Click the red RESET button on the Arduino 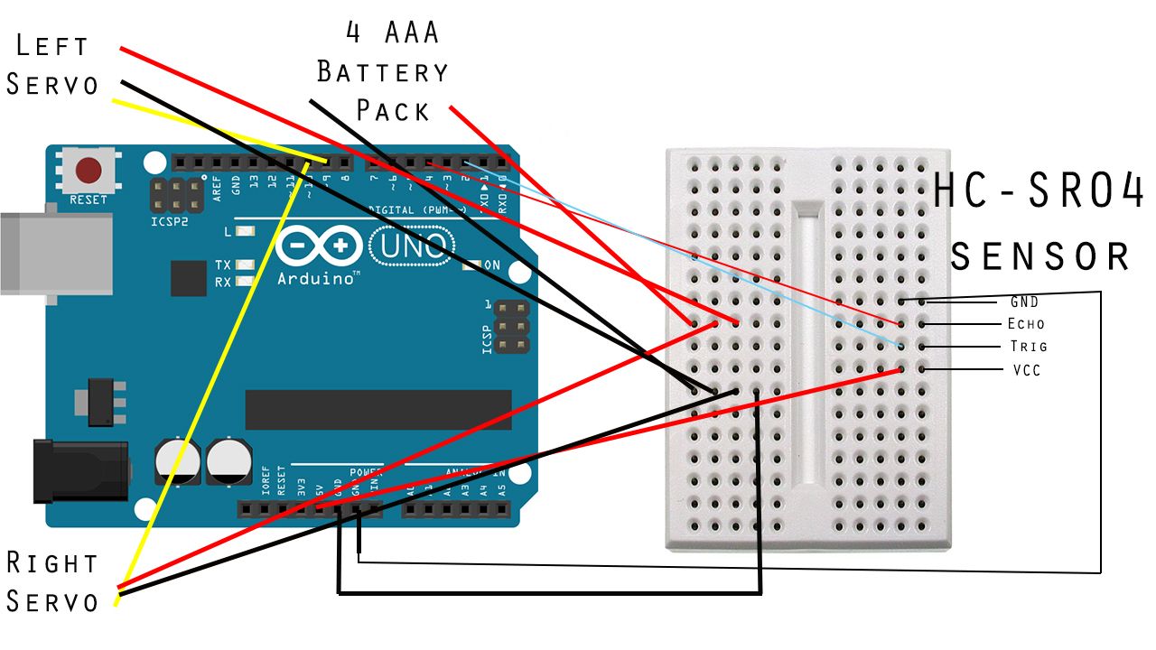coord(88,170)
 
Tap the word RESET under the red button coord(88,200)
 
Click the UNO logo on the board coord(412,245)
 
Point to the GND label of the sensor coord(1024,302)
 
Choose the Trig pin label coord(1028,346)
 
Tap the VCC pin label coord(1026,370)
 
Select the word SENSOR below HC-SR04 coord(1040,256)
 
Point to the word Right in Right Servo coord(51,562)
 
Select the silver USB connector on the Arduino coord(54,254)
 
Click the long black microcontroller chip coord(378,410)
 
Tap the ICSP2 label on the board coord(170,219)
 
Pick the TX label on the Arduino coord(223,265)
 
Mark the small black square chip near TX coord(189,277)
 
